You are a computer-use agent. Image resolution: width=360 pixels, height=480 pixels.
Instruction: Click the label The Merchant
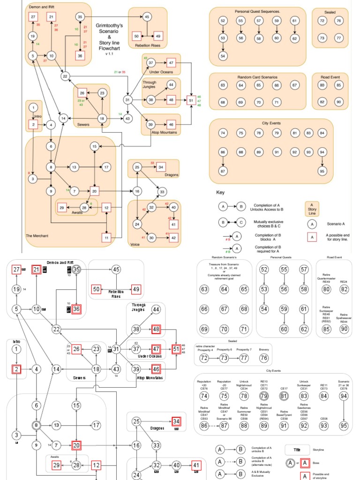pos(38,235)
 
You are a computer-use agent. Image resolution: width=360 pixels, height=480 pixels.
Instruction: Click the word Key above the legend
pos(220,193)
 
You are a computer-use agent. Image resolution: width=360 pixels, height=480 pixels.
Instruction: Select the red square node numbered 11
pos(107,238)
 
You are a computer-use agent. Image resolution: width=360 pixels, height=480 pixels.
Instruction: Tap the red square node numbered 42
pos(173,237)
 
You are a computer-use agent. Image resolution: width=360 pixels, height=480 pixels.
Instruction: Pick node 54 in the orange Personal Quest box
pos(223,56)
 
